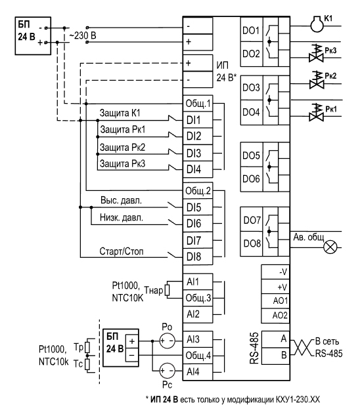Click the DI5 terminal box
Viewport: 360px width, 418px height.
[x=198, y=207]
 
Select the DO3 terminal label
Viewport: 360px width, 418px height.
[x=251, y=88]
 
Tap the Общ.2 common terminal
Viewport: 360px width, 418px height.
[x=198, y=190]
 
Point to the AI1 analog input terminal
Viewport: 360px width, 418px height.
[x=198, y=282]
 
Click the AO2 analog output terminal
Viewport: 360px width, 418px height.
[x=275, y=316]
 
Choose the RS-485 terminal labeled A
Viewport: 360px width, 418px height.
[x=275, y=339]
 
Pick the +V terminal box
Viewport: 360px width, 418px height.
[x=275, y=287]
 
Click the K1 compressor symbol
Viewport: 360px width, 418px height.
[x=317, y=24]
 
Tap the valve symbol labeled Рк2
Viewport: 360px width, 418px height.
[x=317, y=80]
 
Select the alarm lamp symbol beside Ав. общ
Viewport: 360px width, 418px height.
[x=330, y=247]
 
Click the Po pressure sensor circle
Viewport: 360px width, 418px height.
[x=168, y=341]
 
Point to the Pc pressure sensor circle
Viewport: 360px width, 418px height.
[x=168, y=371]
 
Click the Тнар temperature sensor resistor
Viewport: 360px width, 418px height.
[x=168, y=290]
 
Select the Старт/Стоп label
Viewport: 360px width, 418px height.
[x=122, y=251]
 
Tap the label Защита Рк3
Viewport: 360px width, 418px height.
[x=122, y=163]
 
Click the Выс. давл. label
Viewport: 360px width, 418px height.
[x=121, y=200]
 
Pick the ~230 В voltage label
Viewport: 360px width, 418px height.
[x=83, y=35]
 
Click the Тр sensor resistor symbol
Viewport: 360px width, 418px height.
[x=87, y=347]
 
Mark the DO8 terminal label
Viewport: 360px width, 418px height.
[x=252, y=243]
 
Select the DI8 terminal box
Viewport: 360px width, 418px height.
[x=198, y=257]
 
